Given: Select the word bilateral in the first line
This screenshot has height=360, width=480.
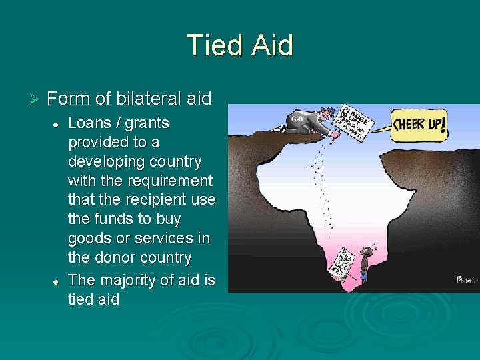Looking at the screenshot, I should (149, 99).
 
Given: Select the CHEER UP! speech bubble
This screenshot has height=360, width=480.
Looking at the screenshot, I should (419, 124).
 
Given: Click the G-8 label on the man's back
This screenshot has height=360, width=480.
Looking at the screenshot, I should (297, 119).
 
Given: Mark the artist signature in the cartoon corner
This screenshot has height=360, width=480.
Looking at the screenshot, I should (463, 280).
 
